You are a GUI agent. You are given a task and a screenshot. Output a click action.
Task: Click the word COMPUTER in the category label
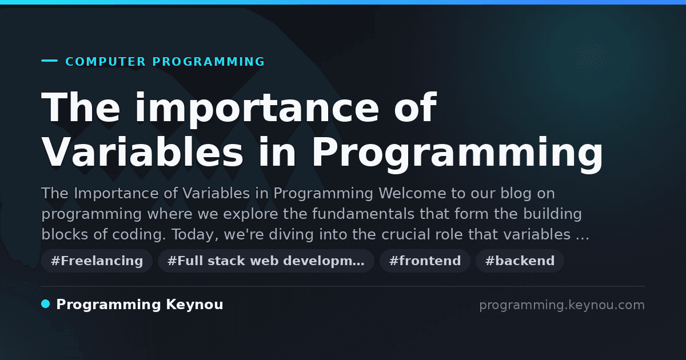[x=105, y=62]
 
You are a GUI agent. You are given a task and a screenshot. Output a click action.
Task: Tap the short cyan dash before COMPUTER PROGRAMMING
[x=49, y=61]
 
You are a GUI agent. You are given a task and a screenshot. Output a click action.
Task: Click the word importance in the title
[x=257, y=108]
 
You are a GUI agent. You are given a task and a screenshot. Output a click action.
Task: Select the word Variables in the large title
[x=142, y=152]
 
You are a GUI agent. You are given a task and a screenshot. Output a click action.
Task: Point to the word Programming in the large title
[x=457, y=155]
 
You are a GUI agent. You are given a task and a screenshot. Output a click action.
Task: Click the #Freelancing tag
[x=97, y=261]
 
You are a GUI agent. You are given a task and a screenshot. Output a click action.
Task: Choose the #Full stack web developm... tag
[x=266, y=261]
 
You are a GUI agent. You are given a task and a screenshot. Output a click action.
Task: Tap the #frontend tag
[x=425, y=261]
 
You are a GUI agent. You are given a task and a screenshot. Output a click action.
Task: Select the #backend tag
[x=520, y=261]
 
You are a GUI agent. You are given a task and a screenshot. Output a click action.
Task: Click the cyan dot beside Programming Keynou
[x=45, y=304]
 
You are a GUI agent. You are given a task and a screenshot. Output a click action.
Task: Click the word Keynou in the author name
[x=194, y=305]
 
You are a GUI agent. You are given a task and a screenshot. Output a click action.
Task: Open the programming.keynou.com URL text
[x=562, y=306]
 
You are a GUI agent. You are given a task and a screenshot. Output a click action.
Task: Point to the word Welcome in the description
[x=412, y=194]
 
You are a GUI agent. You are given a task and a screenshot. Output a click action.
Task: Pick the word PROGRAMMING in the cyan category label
[x=208, y=62]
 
